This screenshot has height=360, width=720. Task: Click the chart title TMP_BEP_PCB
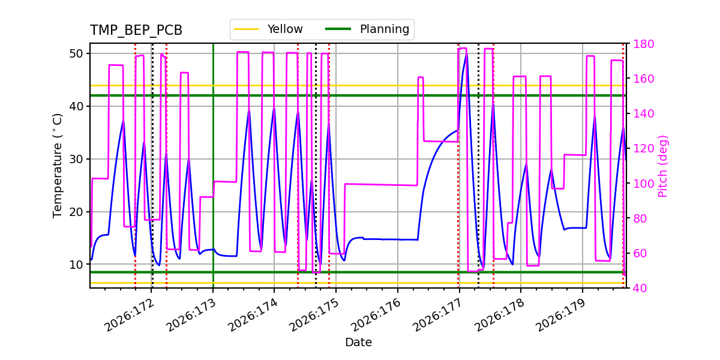click(136, 30)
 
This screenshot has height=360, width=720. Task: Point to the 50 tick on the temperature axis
click(76, 53)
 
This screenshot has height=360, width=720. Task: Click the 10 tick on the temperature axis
click(76, 265)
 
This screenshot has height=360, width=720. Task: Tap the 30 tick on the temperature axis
click(76, 159)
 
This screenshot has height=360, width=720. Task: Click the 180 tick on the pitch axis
click(643, 44)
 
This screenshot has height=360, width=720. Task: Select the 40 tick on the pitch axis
click(640, 288)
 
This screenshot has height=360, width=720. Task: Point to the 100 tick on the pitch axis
click(643, 184)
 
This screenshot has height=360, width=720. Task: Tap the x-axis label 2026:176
click(376, 315)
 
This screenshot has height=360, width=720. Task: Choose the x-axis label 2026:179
click(561, 315)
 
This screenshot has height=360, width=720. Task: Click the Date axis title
click(358, 343)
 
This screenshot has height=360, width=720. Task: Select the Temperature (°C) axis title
click(57, 166)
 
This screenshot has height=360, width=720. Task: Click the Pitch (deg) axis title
click(663, 166)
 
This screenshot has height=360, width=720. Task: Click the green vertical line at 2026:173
click(213, 166)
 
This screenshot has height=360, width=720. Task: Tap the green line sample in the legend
click(338, 29)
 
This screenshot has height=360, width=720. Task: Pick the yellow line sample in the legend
click(247, 29)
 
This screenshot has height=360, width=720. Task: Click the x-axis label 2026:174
click(253, 315)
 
